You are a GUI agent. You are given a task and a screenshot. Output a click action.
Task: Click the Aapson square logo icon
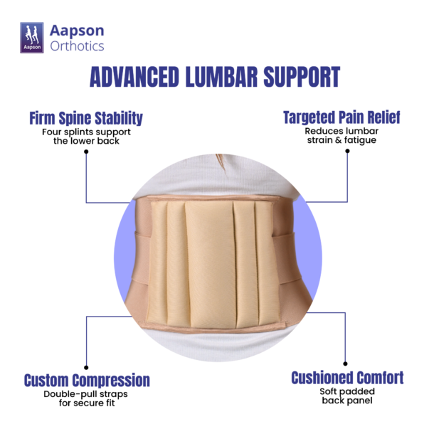click(32, 38)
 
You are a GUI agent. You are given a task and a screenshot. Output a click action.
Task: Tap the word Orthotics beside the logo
click(77, 46)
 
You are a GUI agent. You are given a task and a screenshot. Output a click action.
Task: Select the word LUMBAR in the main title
click(221, 77)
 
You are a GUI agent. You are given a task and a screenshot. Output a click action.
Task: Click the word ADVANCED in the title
click(134, 77)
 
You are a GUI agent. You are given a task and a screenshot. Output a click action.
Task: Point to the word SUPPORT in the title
click(302, 77)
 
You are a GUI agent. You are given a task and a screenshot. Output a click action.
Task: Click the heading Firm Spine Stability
click(86, 118)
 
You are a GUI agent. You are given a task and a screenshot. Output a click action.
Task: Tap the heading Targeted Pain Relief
click(341, 117)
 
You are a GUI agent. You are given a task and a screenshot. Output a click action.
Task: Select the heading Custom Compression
click(87, 380)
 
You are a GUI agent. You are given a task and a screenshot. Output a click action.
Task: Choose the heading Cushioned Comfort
click(347, 378)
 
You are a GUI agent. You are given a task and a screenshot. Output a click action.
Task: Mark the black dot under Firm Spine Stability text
click(86, 152)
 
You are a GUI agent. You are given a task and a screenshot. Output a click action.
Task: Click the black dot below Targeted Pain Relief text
click(347, 151)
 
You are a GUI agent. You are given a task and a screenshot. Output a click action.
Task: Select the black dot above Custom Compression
click(86, 367)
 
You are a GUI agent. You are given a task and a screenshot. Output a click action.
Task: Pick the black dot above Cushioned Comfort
click(345, 364)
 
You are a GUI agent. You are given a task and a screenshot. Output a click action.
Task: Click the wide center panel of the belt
click(211, 264)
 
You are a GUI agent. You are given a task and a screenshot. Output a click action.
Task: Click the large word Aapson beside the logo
click(77, 31)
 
